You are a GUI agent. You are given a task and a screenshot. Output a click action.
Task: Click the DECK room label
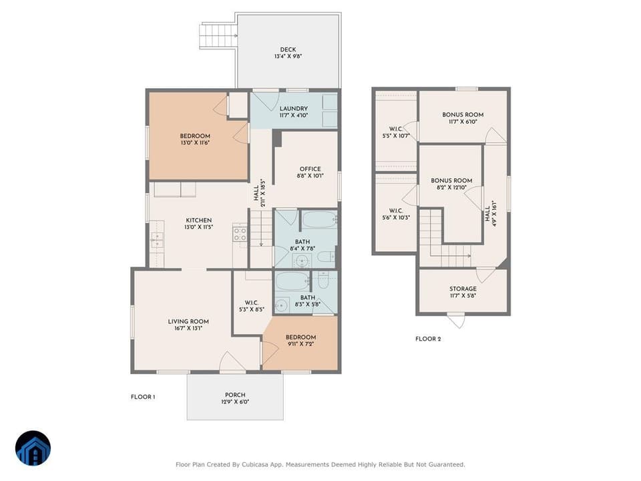coord(288,49)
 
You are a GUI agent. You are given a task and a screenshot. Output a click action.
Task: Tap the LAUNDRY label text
coord(294,108)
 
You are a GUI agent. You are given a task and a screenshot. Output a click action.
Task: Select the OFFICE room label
coord(310,169)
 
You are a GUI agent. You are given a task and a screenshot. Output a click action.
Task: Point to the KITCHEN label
coord(199,220)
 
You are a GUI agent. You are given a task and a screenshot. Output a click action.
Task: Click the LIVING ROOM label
coord(188,321)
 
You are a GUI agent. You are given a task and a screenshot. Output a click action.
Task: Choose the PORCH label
coord(235,395)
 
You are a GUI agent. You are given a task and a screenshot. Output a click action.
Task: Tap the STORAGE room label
coord(463,289)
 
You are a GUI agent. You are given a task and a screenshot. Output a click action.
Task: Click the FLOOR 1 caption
coord(143,397)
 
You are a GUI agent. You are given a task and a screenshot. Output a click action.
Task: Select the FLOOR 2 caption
coord(428,339)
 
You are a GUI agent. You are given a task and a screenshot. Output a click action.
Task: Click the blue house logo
coord(33,448)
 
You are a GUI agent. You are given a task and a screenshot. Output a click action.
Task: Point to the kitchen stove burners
coord(240,234)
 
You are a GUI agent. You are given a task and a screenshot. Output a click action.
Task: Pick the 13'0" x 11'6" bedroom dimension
coord(195,143)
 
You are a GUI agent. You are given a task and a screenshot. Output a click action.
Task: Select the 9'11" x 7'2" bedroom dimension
coord(300,344)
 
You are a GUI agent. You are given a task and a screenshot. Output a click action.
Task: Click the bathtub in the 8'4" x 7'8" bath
coord(320,220)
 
